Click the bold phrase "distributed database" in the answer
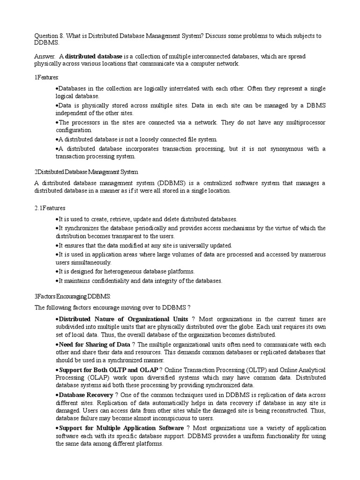click(x=94, y=57)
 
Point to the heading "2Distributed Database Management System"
click(x=86, y=172)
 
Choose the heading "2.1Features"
click(x=50, y=208)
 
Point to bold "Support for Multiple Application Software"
click(x=121, y=428)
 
